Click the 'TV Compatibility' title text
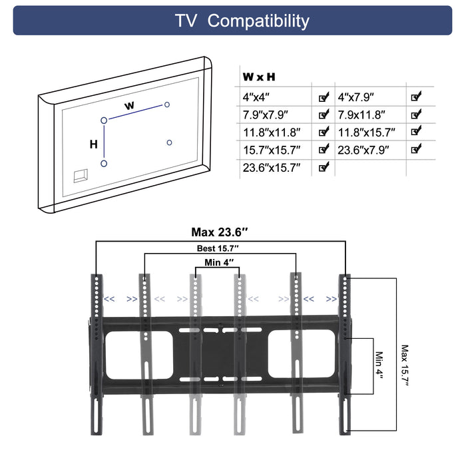242,21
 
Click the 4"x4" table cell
258,97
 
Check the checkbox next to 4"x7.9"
415,97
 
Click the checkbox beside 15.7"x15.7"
324,150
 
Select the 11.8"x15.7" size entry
367,132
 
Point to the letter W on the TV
130,106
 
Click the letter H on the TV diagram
94,144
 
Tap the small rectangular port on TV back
81,174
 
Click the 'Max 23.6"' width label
220,232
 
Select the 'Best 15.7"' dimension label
219,248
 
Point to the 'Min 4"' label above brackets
220,262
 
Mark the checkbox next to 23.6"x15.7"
324,167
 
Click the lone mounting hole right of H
170,142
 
